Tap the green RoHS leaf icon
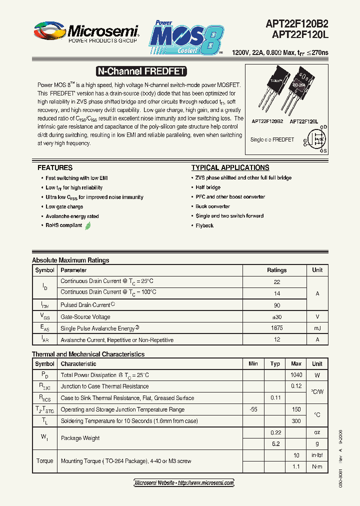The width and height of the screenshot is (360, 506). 88,226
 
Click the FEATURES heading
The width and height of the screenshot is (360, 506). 55,168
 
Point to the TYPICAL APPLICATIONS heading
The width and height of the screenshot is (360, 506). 230,168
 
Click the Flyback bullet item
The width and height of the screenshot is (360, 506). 204,226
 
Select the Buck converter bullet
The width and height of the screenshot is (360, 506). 213,206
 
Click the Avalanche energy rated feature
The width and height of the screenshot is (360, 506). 72,216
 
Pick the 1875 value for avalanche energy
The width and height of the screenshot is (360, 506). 276,328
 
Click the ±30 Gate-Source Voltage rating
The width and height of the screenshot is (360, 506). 276,316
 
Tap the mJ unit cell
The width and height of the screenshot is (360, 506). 317,328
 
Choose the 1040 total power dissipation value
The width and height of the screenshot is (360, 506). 296,375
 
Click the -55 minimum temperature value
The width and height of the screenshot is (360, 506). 253,409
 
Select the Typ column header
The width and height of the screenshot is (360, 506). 275,364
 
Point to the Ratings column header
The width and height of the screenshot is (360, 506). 276,270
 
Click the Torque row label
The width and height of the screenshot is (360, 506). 44,461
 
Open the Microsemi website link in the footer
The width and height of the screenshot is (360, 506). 184,483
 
